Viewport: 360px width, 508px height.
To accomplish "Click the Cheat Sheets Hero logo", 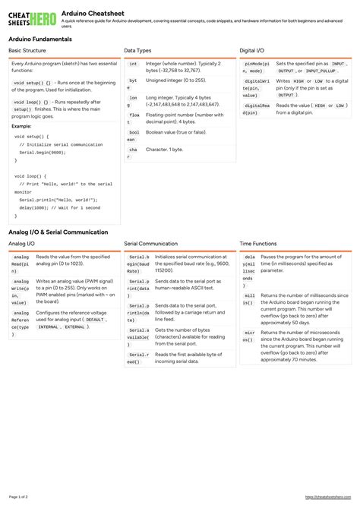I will (31, 18).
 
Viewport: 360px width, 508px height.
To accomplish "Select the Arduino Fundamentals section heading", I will (40, 39).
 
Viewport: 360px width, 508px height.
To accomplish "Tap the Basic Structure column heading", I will (27, 51).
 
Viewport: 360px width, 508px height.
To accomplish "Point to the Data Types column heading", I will (137, 51).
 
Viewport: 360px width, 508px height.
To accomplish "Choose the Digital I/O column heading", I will (252, 51).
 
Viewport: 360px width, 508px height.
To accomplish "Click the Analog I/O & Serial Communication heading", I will (58, 232).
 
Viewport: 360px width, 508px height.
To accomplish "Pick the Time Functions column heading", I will (258, 244).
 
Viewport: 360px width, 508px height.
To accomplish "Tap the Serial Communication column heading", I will (151, 244).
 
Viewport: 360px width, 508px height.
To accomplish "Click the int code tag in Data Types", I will (133, 65).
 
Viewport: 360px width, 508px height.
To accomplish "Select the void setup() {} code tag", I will (32, 82).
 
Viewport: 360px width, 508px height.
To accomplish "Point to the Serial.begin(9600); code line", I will (43, 152).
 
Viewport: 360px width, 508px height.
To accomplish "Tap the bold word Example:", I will (21, 126).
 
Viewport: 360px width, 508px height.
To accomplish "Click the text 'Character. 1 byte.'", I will (164, 149).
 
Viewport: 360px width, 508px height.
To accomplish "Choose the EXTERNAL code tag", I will (74, 327).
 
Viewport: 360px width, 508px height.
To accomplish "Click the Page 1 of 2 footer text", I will (18, 497).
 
